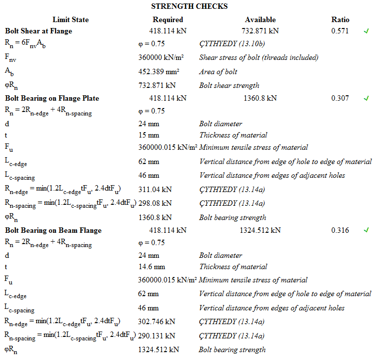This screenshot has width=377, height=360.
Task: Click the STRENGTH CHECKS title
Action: point(189,6)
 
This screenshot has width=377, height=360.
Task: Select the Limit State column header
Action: point(71,20)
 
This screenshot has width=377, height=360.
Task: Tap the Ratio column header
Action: point(340,20)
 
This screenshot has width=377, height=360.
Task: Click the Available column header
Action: point(260,20)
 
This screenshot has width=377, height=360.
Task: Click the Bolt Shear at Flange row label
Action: point(39,31)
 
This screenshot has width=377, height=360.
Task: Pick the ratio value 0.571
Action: point(340,31)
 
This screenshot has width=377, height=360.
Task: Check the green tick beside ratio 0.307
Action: point(366,98)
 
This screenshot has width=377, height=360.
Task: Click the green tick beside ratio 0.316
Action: point(366,230)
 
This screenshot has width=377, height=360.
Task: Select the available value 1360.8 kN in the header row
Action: point(260,98)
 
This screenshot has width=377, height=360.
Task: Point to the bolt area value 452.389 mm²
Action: point(160,72)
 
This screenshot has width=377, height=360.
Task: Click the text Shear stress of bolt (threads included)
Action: point(259,57)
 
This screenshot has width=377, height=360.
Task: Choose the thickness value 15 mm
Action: point(149,135)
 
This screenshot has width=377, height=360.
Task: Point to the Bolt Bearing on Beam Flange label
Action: point(53,230)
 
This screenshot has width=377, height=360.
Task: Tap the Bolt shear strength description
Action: point(229,85)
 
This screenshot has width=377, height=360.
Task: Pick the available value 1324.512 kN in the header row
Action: point(260,230)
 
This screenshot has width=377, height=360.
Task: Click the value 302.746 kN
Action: point(157,322)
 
